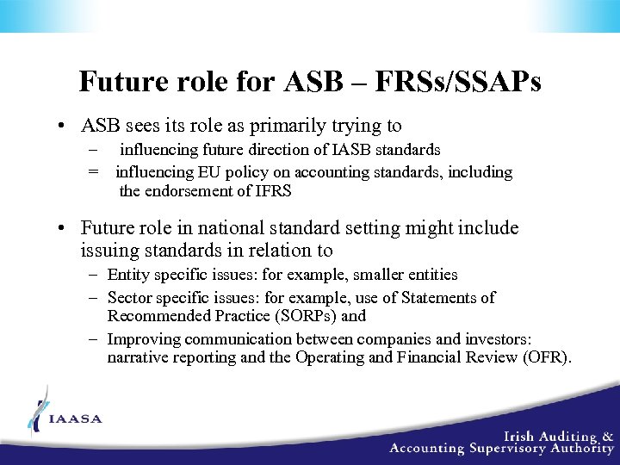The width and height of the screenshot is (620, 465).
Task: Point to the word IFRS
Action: pos(271,191)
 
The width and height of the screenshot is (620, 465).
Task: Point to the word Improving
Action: pos(143,338)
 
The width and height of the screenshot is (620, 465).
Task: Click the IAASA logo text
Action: pos(76,419)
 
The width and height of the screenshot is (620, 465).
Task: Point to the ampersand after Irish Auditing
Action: pos(608,437)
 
